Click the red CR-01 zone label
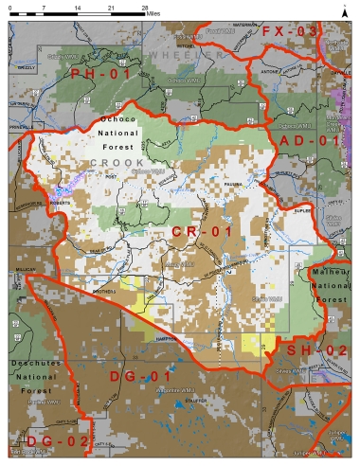click(x=201, y=230)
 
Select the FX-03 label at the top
click(x=289, y=31)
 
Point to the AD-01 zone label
click(x=309, y=140)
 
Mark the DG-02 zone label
click(x=44, y=440)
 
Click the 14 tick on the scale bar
click(x=79, y=8)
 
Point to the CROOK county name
click(x=117, y=163)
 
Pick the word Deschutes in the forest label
click(x=38, y=363)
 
